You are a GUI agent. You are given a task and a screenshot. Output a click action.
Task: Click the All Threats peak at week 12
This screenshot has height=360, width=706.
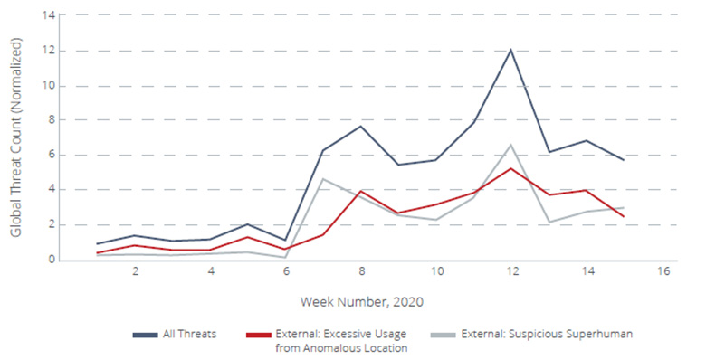tap(511, 50)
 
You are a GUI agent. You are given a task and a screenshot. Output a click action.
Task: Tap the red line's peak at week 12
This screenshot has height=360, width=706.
tap(511, 168)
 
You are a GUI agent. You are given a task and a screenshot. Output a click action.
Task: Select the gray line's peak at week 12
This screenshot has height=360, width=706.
tap(511, 145)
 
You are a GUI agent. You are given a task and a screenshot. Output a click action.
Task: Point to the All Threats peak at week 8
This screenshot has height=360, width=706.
tap(361, 126)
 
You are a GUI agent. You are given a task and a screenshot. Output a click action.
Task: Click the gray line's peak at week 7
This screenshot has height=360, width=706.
tap(323, 179)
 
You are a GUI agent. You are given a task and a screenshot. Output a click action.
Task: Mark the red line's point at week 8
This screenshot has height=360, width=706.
tap(361, 191)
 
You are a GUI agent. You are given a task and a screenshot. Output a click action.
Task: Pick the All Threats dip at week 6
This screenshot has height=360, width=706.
tap(286, 240)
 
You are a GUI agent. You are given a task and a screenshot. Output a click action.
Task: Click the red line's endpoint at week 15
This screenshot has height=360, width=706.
tap(624, 216)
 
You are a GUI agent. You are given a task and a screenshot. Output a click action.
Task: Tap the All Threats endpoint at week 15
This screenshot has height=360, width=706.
tap(624, 160)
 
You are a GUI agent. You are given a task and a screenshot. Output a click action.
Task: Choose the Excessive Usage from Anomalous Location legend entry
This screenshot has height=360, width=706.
tap(339, 340)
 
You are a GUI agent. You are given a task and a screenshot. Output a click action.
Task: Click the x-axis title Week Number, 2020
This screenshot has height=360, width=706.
tap(361, 299)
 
